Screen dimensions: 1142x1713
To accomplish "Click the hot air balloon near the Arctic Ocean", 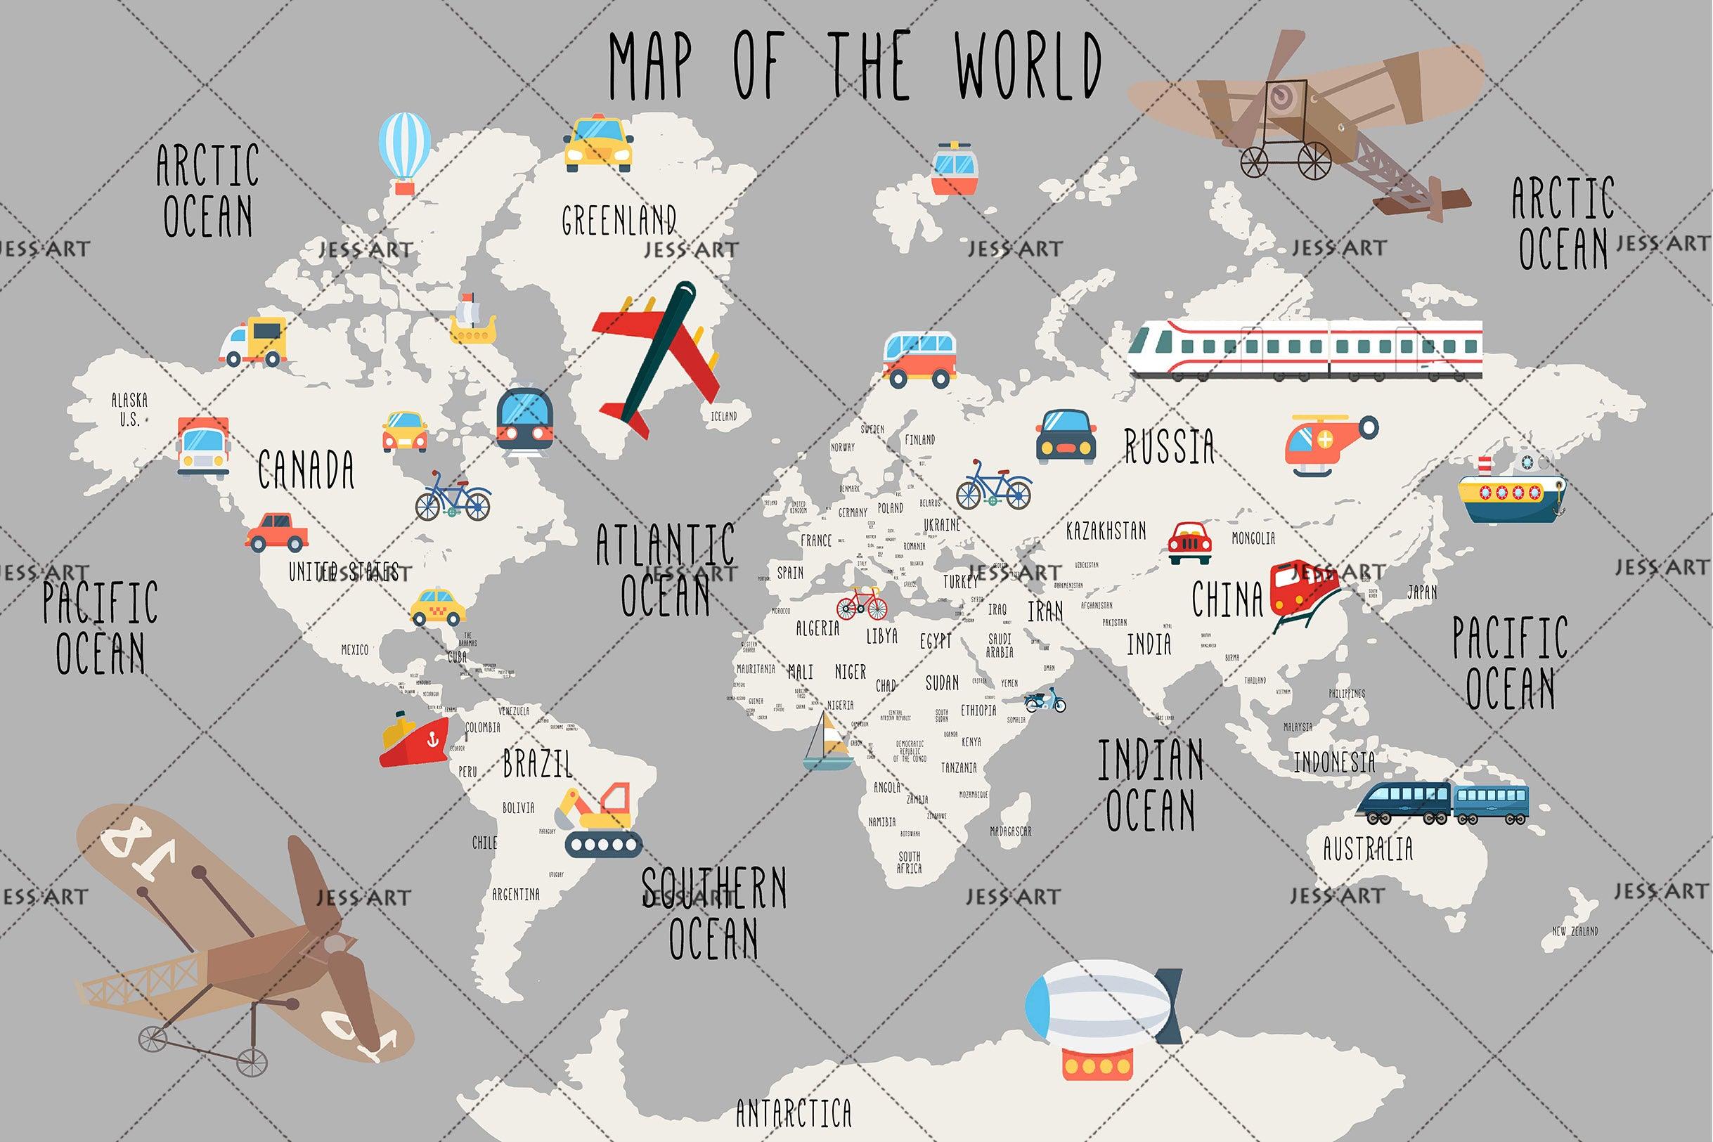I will [x=404, y=153].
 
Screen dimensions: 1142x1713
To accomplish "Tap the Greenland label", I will [x=619, y=219].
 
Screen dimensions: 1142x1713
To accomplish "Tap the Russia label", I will [x=1169, y=446].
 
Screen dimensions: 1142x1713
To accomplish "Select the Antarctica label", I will [x=793, y=1113].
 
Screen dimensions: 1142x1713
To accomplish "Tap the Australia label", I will [x=1368, y=848].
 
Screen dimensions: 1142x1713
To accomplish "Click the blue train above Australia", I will [x=1442, y=803].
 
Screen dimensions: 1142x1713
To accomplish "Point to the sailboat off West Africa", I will [x=827, y=741].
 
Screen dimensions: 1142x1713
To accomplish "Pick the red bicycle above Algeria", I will [x=862, y=604].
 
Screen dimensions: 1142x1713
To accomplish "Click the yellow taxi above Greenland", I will [x=598, y=143].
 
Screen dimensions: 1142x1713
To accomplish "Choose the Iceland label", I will [x=723, y=417].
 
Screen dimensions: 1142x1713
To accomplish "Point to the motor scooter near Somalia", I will [x=1045, y=701].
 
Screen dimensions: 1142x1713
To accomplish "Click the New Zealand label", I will [x=1575, y=930].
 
